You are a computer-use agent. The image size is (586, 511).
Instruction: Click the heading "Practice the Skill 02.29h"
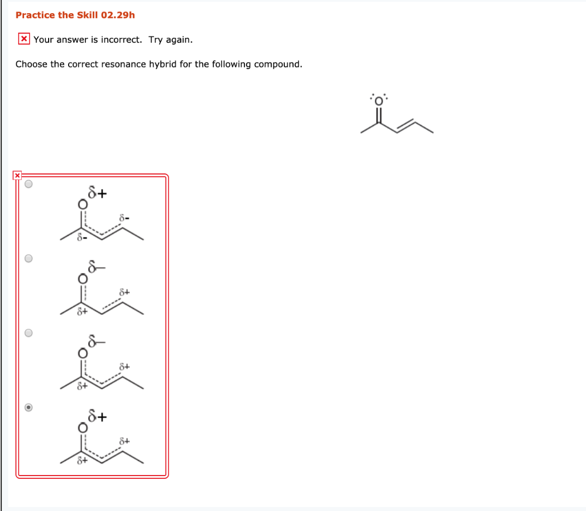(x=75, y=15)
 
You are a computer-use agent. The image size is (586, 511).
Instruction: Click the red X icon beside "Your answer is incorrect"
(x=24, y=39)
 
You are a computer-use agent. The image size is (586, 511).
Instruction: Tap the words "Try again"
(x=171, y=39)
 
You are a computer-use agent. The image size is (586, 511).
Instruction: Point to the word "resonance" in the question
(x=124, y=64)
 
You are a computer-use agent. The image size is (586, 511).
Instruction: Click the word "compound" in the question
(x=277, y=64)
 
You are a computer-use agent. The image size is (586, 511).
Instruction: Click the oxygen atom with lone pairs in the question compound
(x=378, y=99)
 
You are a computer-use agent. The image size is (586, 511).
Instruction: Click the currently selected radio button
(x=29, y=408)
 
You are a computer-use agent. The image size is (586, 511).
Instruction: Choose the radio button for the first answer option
(x=29, y=184)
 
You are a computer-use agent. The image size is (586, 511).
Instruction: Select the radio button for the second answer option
(x=29, y=258)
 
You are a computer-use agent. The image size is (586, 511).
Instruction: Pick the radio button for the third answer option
(x=29, y=333)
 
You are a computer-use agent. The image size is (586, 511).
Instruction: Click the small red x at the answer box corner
(x=17, y=175)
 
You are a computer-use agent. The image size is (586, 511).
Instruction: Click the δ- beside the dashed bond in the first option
(x=124, y=218)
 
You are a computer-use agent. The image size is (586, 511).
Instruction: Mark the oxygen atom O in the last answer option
(x=83, y=428)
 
